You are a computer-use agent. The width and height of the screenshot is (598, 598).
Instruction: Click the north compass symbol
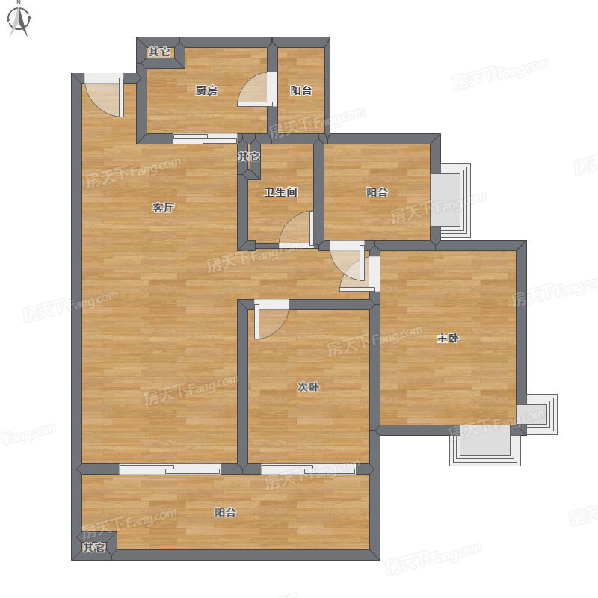pyautogui.click(x=19, y=19)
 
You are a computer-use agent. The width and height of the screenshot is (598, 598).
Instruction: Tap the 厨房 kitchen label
pyautogui.click(x=206, y=90)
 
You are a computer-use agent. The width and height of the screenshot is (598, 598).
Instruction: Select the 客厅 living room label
pyautogui.click(x=163, y=208)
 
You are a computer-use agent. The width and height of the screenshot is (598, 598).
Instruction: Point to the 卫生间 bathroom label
pyautogui.click(x=281, y=192)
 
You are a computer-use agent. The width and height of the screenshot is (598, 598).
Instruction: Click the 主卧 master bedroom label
pyautogui.click(x=448, y=339)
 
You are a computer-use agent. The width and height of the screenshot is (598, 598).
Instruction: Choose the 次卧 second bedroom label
pyautogui.click(x=308, y=387)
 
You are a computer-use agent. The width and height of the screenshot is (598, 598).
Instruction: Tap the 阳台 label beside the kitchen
pyautogui.click(x=301, y=90)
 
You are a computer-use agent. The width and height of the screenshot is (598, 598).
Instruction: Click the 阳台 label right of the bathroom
pyautogui.click(x=377, y=192)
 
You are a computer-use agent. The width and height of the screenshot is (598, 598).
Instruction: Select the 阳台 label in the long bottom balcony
pyautogui.click(x=225, y=512)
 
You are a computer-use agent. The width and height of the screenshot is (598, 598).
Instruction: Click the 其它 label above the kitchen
pyautogui.click(x=159, y=52)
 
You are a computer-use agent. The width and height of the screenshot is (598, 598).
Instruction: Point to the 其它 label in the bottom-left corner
pyautogui.click(x=94, y=548)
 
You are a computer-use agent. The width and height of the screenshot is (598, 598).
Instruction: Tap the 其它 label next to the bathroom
pyautogui.click(x=249, y=156)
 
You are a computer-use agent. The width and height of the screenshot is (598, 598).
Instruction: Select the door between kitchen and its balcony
pyautogui.click(x=255, y=90)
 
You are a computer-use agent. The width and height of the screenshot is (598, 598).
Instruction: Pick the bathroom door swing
pyautogui.click(x=296, y=229)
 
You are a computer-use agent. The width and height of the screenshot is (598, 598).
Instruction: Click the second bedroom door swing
pyautogui.click(x=271, y=321)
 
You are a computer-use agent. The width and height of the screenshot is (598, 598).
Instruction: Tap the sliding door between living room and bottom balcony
pyautogui.click(x=170, y=469)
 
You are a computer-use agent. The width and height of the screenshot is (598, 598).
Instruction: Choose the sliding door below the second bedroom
pyautogui.click(x=308, y=469)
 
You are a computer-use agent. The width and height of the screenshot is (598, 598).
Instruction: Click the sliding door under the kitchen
pyautogui.click(x=205, y=138)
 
